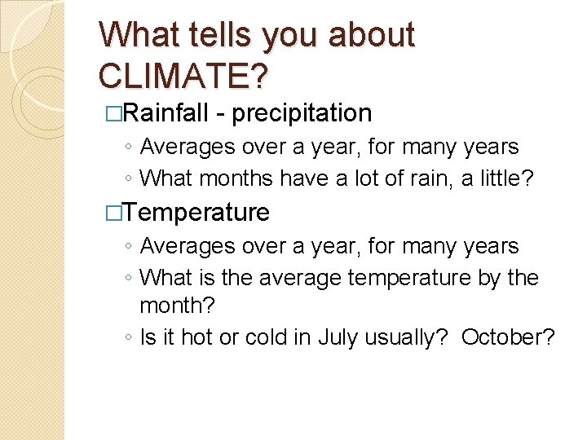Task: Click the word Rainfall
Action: (x=168, y=112)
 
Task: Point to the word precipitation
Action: (x=302, y=113)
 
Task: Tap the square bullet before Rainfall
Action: (x=114, y=113)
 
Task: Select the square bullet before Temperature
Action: (x=114, y=213)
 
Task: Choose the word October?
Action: (x=508, y=337)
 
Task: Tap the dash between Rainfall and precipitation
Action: (x=221, y=114)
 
